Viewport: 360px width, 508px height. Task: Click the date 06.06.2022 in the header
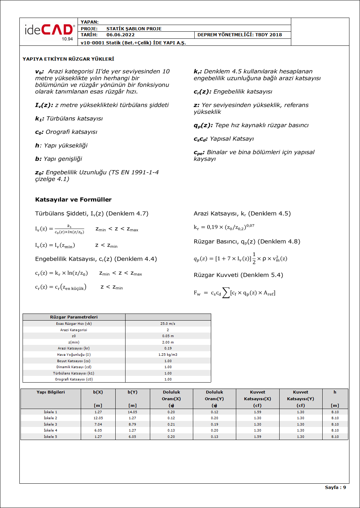[x=121, y=35]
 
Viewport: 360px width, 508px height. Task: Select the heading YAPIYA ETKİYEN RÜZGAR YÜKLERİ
[x=68, y=59]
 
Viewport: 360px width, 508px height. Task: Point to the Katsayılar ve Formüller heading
[x=73, y=200]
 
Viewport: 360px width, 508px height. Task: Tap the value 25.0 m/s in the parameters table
[x=168, y=324]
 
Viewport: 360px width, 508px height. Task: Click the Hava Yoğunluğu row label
[x=74, y=355]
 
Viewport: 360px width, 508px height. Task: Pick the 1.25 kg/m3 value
[x=168, y=355]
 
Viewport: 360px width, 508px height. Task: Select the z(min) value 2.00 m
[x=168, y=342]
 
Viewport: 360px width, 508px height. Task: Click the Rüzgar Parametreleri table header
[x=74, y=317]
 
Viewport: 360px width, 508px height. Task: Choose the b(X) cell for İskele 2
[x=98, y=418]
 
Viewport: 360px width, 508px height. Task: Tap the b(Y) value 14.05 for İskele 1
[x=132, y=412]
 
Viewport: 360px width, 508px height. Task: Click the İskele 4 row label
[x=50, y=430]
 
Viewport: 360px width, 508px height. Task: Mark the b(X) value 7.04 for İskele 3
[x=98, y=425]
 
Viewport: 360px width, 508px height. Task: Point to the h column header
[x=335, y=392]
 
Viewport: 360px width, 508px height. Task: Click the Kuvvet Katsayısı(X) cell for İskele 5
[x=258, y=437]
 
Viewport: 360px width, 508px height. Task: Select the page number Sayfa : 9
[x=335, y=488]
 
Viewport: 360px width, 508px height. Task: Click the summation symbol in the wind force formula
[x=226, y=293]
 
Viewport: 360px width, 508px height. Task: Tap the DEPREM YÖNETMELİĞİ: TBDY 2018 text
[x=240, y=35]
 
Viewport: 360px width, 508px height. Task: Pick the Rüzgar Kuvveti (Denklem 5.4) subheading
[x=238, y=275]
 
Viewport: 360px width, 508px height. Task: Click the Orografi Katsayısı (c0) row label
[x=74, y=379]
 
